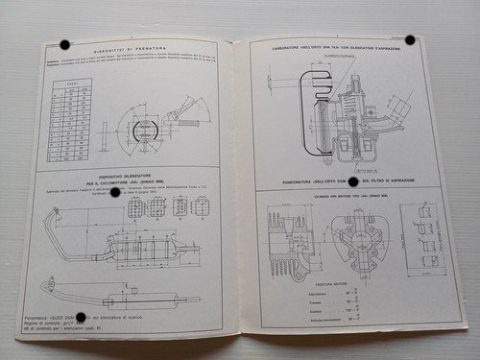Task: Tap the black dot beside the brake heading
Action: (x=64, y=45)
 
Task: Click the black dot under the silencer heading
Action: (x=115, y=192)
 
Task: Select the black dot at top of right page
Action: (x=409, y=40)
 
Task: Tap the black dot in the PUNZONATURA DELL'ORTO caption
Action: (x=352, y=180)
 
